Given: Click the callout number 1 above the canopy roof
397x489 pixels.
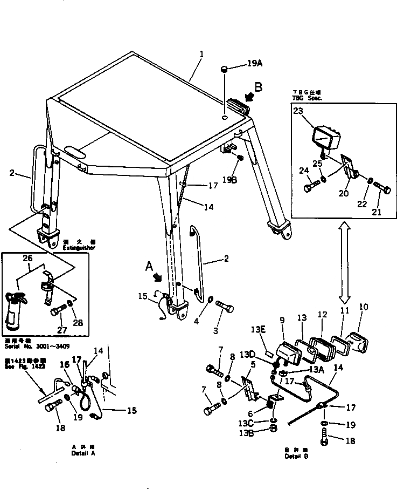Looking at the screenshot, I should click(201, 55).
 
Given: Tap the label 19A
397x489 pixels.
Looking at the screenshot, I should click(255, 63).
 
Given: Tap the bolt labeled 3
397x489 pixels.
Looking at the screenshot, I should click(225, 310).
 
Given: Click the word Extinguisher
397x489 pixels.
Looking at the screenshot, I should click(79, 248).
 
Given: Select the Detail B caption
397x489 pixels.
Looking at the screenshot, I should click(297, 456).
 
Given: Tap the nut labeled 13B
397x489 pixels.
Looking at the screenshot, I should click(273, 430).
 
